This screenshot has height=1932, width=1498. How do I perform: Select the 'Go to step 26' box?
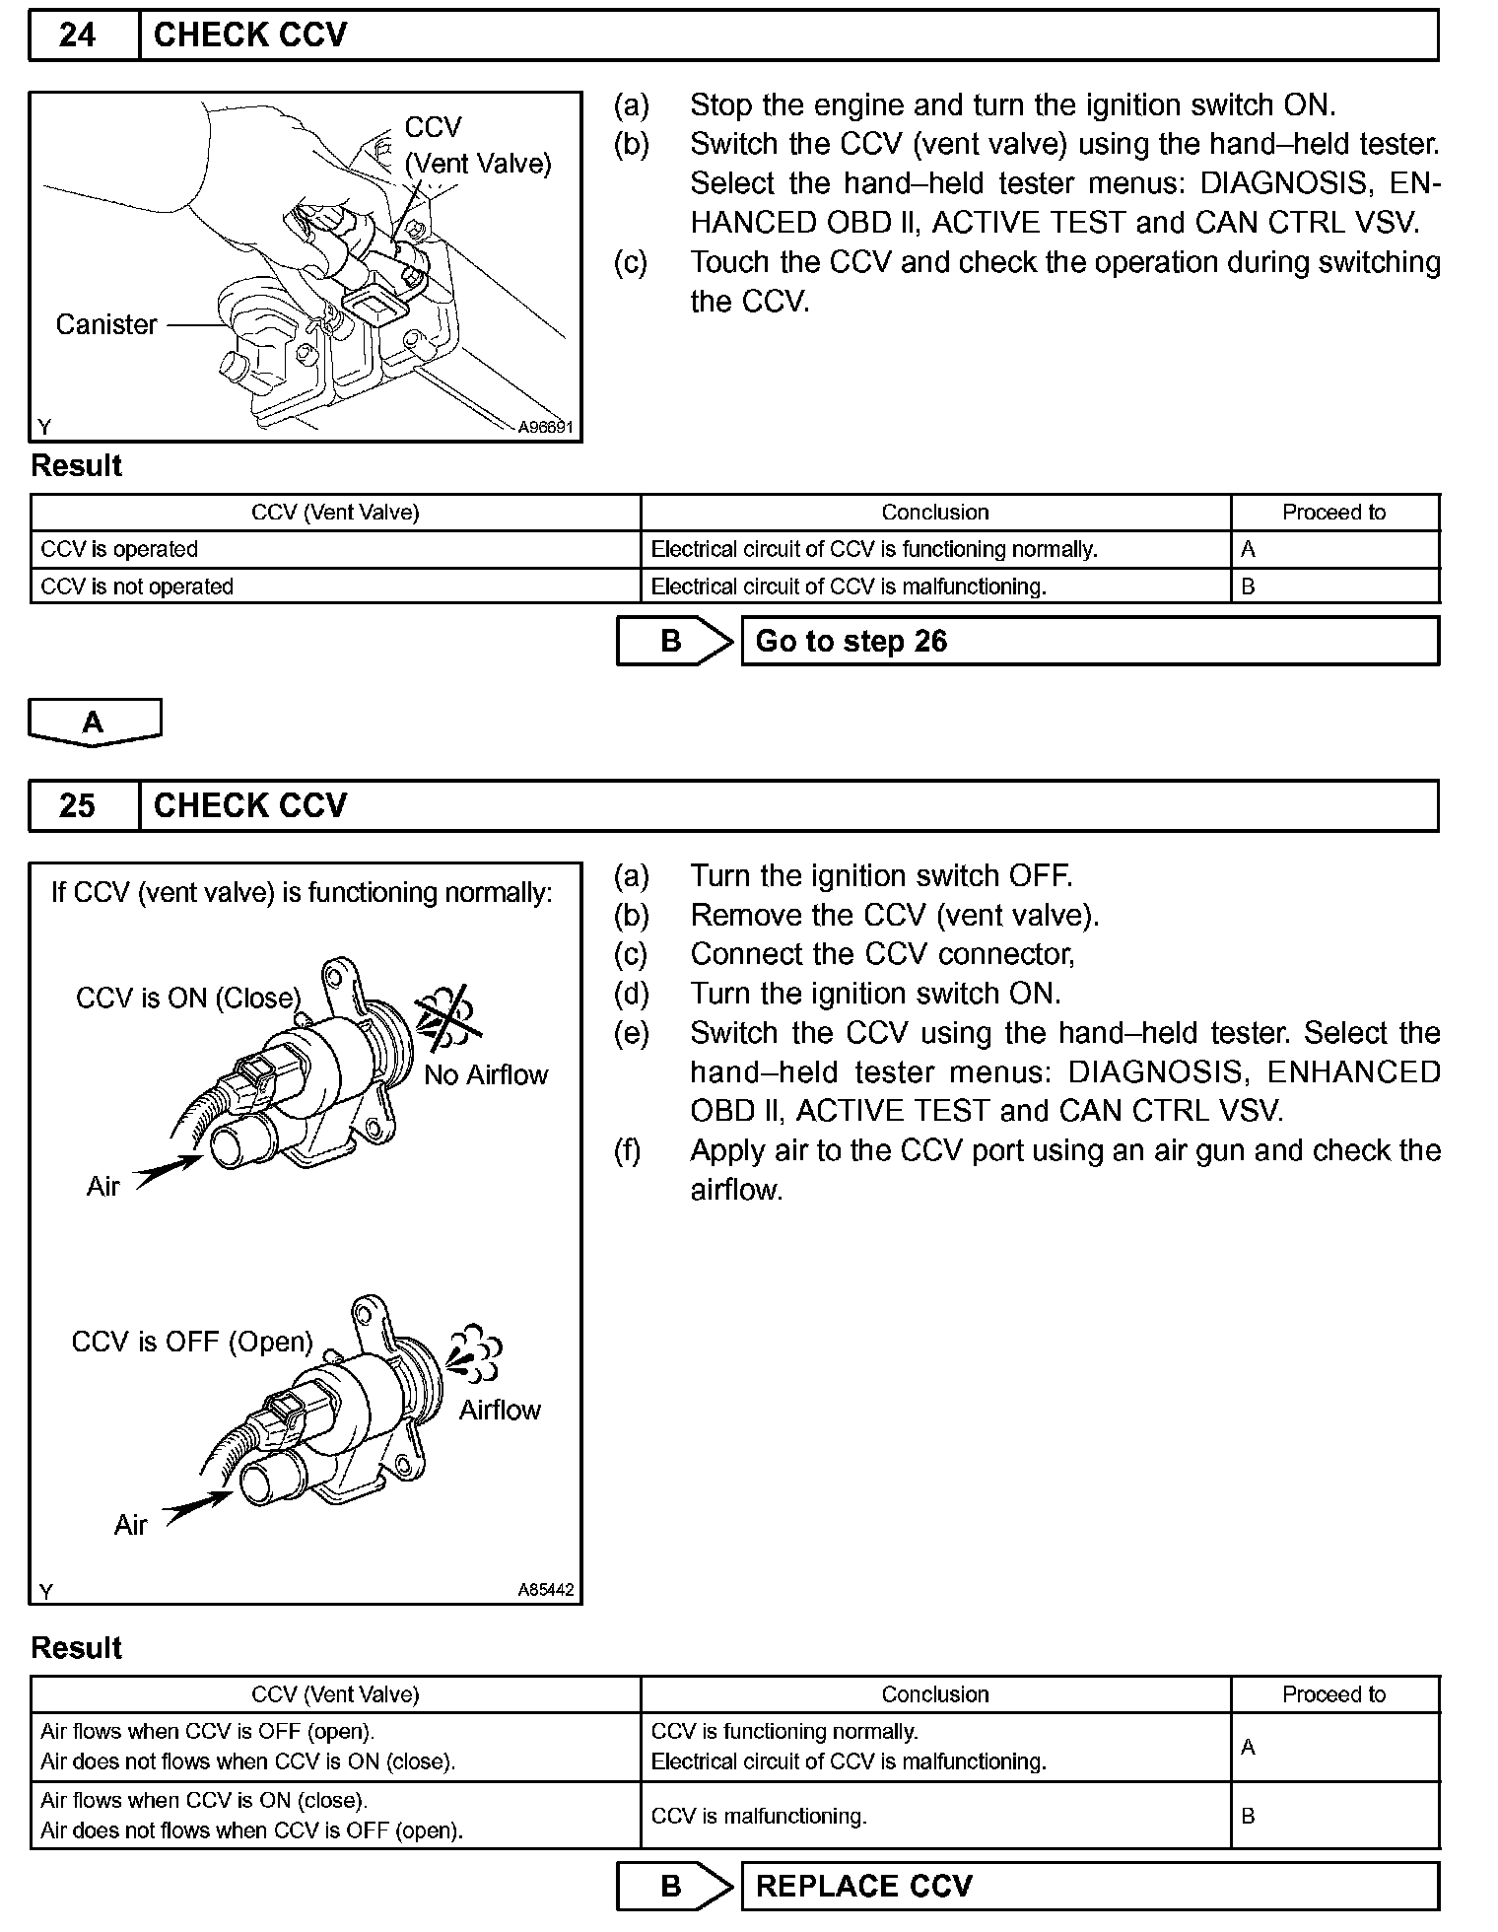(1089, 641)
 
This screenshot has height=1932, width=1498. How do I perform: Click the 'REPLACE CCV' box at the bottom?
(1089, 1886)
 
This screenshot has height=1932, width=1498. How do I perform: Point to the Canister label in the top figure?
(106, 324)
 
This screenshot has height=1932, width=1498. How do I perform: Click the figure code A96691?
(546, 427)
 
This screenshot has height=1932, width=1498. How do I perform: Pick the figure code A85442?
(546, 1590)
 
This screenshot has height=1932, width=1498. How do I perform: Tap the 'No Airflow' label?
(486, 1074)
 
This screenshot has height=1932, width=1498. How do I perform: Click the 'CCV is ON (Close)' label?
(188, 998)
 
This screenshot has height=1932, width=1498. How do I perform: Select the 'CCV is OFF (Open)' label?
(192, 1342)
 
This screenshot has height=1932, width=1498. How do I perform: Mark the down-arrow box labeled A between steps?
(94, 723)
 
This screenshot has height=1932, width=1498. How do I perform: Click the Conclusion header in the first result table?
(934, 513)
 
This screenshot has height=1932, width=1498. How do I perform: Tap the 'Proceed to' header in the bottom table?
(1333, 1694)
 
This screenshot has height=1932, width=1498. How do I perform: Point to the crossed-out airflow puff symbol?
(448, 1015)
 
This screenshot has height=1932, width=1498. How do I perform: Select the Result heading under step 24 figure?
(77, 466)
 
